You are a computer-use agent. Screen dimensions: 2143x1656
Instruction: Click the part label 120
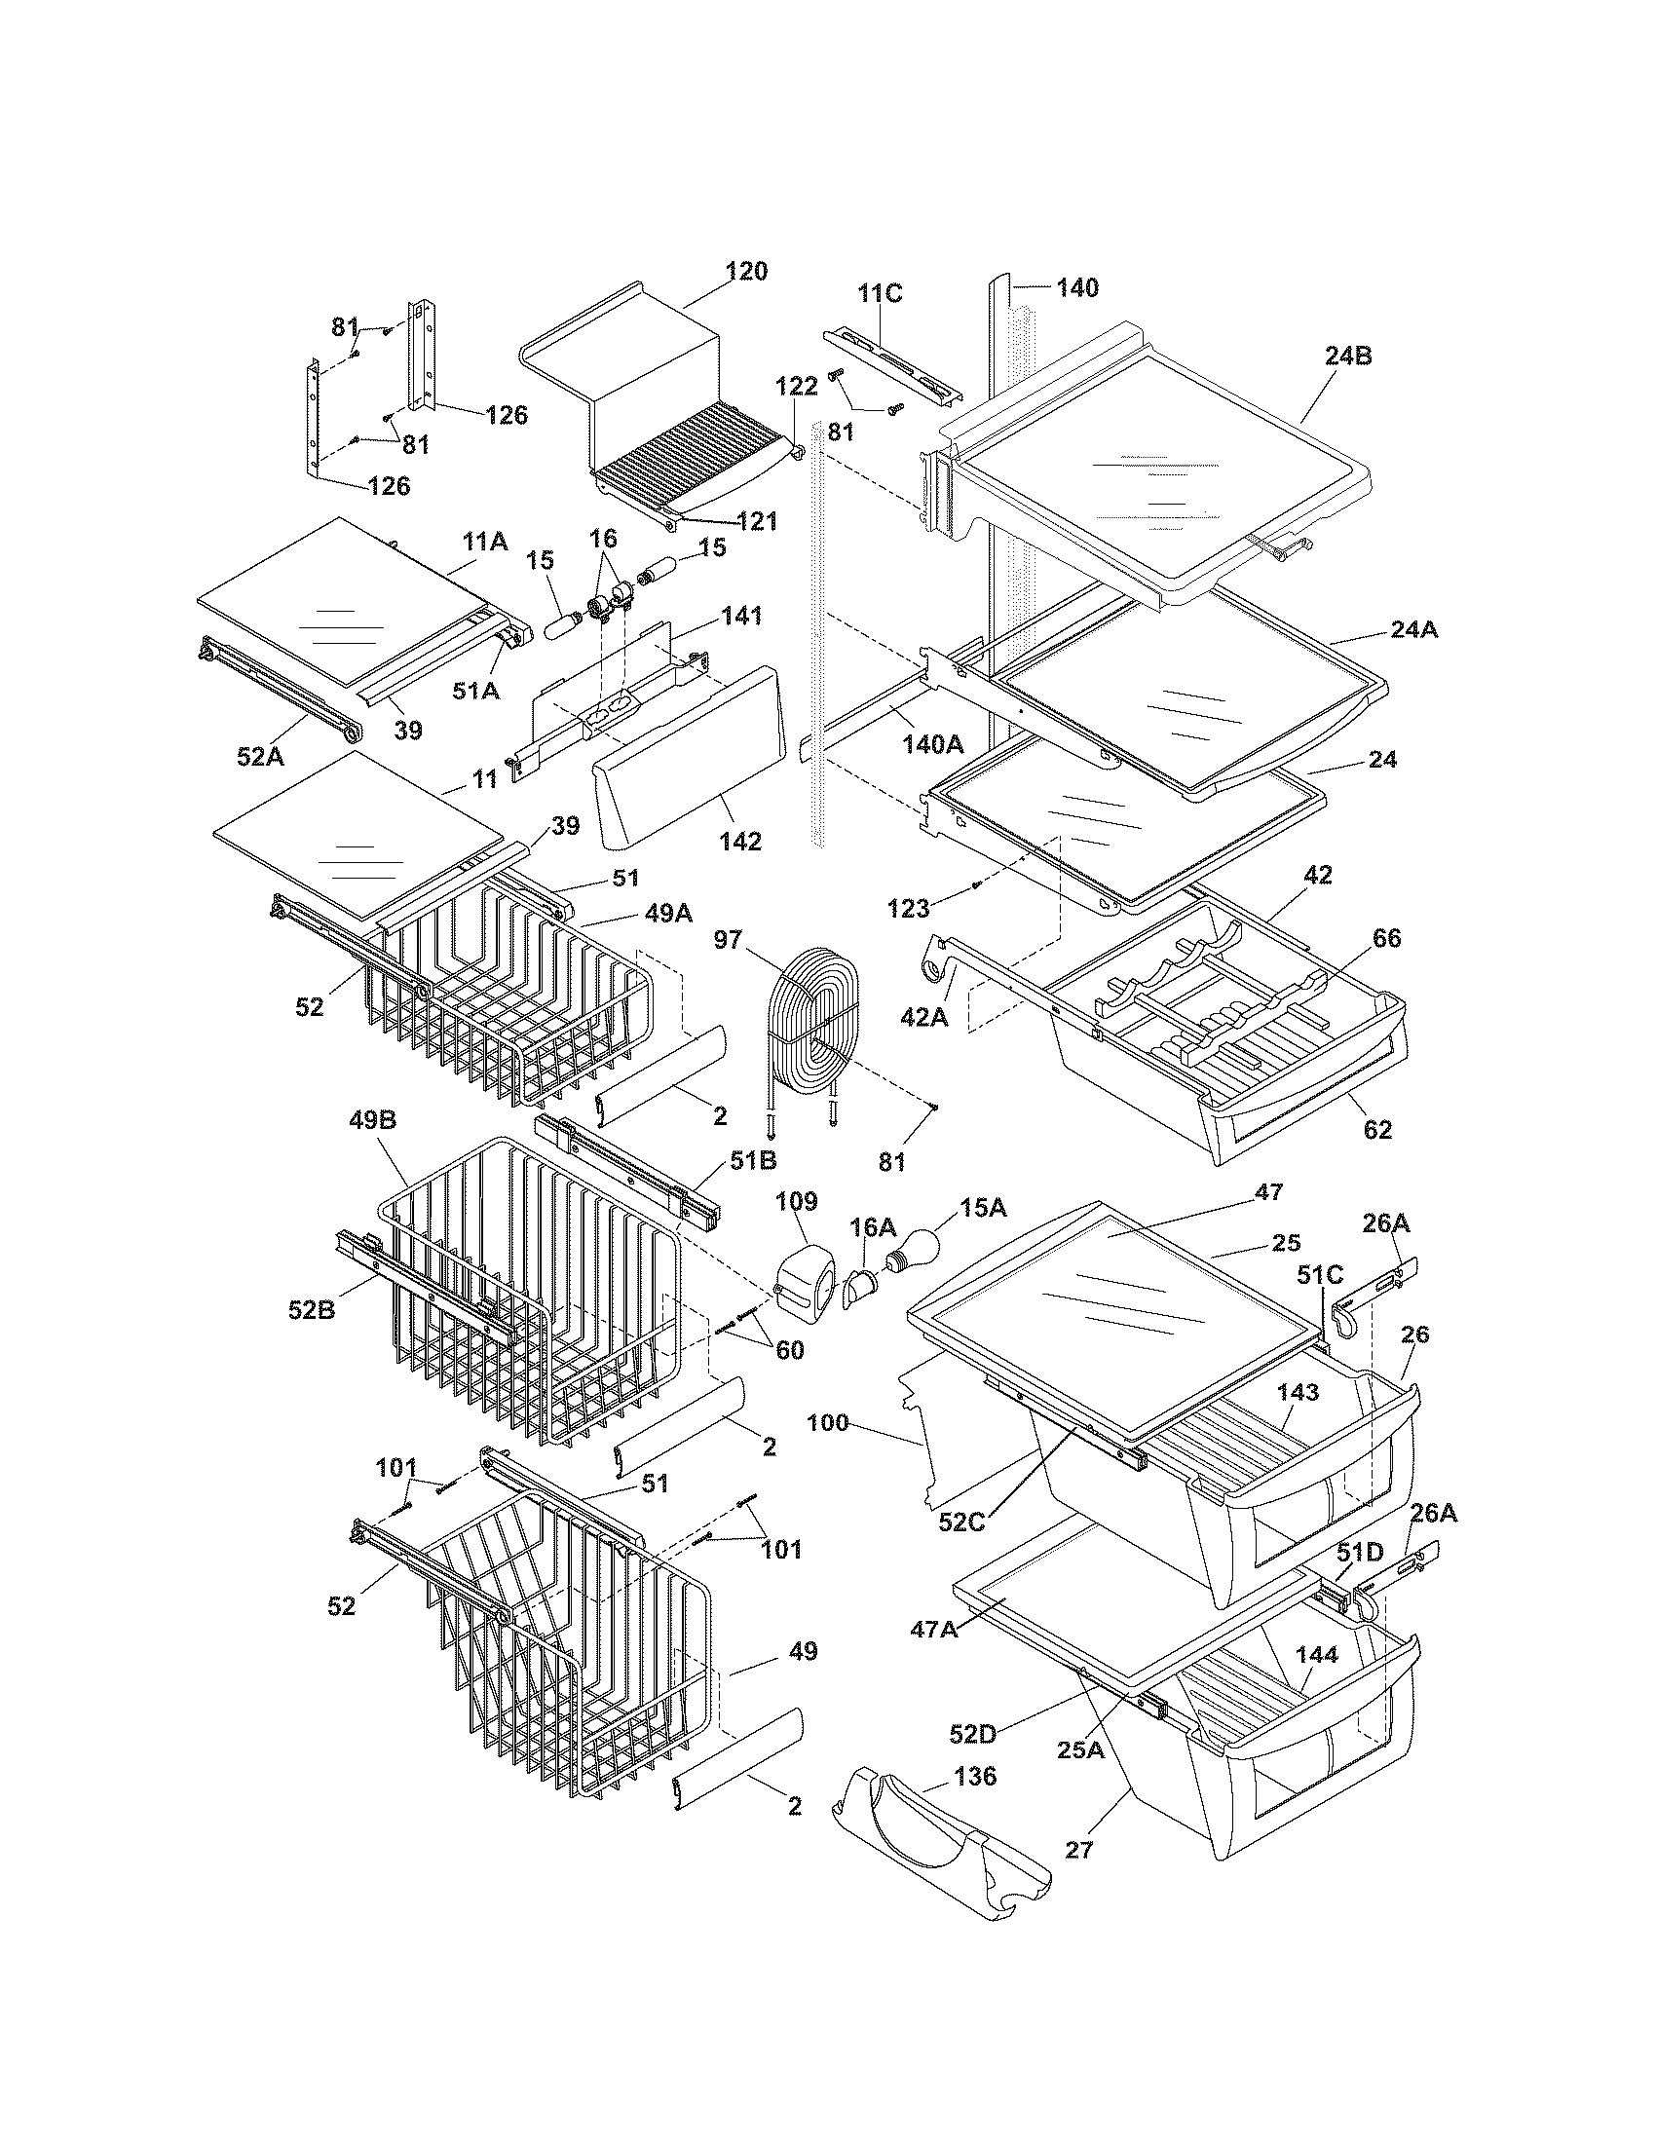pyautogui.click(x=746, y=272)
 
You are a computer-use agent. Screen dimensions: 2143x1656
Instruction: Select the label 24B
pyautogui.click(x=1348, y=357)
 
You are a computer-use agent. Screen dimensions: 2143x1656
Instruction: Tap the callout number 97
pyautogui.click(x=728, y=941)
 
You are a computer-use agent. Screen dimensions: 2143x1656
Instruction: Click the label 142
pyautogui.click(x=739, y=841)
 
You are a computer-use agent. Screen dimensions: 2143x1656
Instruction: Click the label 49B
pyautogui.click(x=373, y=1120)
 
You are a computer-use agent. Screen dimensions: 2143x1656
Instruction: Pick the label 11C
pyautogui.click(x=880, y=293)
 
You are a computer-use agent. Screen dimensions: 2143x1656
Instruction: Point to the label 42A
pyautogui.click(x=924, y=1019)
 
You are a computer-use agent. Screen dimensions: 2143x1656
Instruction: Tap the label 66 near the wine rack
pyautogui.click(x=1386, y=938)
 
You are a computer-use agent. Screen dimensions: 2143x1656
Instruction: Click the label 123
pyautogui.click(x=908, y=909)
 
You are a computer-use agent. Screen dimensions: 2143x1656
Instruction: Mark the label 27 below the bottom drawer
pyautogui.click(x=1079, y=1850)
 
